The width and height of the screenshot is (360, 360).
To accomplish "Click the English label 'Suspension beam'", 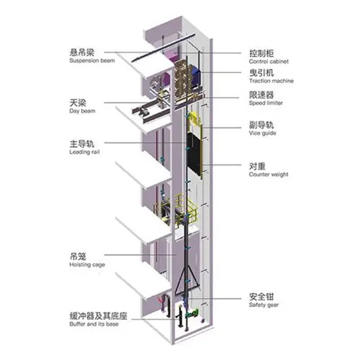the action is click(92, 61).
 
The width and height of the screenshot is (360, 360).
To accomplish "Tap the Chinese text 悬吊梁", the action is click(82, 52).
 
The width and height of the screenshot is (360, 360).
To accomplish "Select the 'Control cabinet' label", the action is click(269, 62).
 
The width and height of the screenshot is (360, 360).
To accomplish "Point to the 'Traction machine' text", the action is click(271, 81).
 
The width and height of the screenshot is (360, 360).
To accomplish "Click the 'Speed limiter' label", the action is click(266, 103).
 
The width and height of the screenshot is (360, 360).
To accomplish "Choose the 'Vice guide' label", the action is click(262, 133).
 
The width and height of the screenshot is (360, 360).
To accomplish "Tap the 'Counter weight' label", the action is click(269, 175).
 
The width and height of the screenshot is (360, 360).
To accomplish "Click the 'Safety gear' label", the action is click(264, 305).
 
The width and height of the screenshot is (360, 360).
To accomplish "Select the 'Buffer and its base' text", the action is click(94, 324).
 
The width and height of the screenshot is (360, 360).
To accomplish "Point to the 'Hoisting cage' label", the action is click(87, 265).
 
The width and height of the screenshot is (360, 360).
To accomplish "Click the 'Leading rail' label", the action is click(85, 152).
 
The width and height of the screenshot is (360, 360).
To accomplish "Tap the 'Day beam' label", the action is click(82, 111).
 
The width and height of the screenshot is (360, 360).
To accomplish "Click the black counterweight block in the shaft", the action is click(194, 154).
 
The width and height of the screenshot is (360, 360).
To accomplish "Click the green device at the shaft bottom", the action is click(193, 313).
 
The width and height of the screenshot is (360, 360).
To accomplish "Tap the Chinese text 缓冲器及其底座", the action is click(98, 316).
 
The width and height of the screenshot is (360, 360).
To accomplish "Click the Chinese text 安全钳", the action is click(262, 296).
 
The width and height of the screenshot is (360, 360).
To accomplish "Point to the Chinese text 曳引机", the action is click(262, 73).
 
